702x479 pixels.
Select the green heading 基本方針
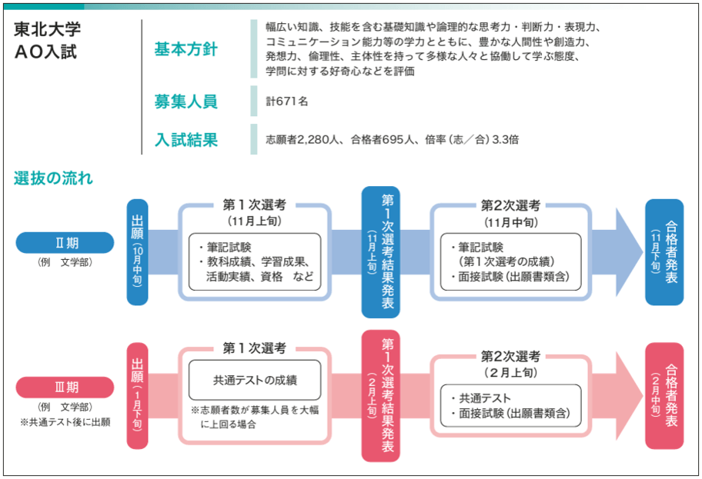click(x=186, y=50)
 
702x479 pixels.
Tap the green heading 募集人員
click(x=186, y=101)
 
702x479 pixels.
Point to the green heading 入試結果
click(x=186, y=140)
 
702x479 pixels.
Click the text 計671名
click(x=287, y=101)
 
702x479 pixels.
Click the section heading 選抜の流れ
click(x=53, y=178)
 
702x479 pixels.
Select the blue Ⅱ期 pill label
click(x=65, y=243)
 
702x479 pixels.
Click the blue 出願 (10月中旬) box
click(x=138, y=251)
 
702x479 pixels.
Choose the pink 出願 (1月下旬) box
click(x=138, y=395)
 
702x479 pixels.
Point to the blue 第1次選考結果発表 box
click(x=381, y=251)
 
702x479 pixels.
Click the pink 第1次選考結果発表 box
click(x=381, y=395)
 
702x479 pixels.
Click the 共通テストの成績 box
click(x=255, y=380)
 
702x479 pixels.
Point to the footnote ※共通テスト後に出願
click(x=65, y=422)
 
